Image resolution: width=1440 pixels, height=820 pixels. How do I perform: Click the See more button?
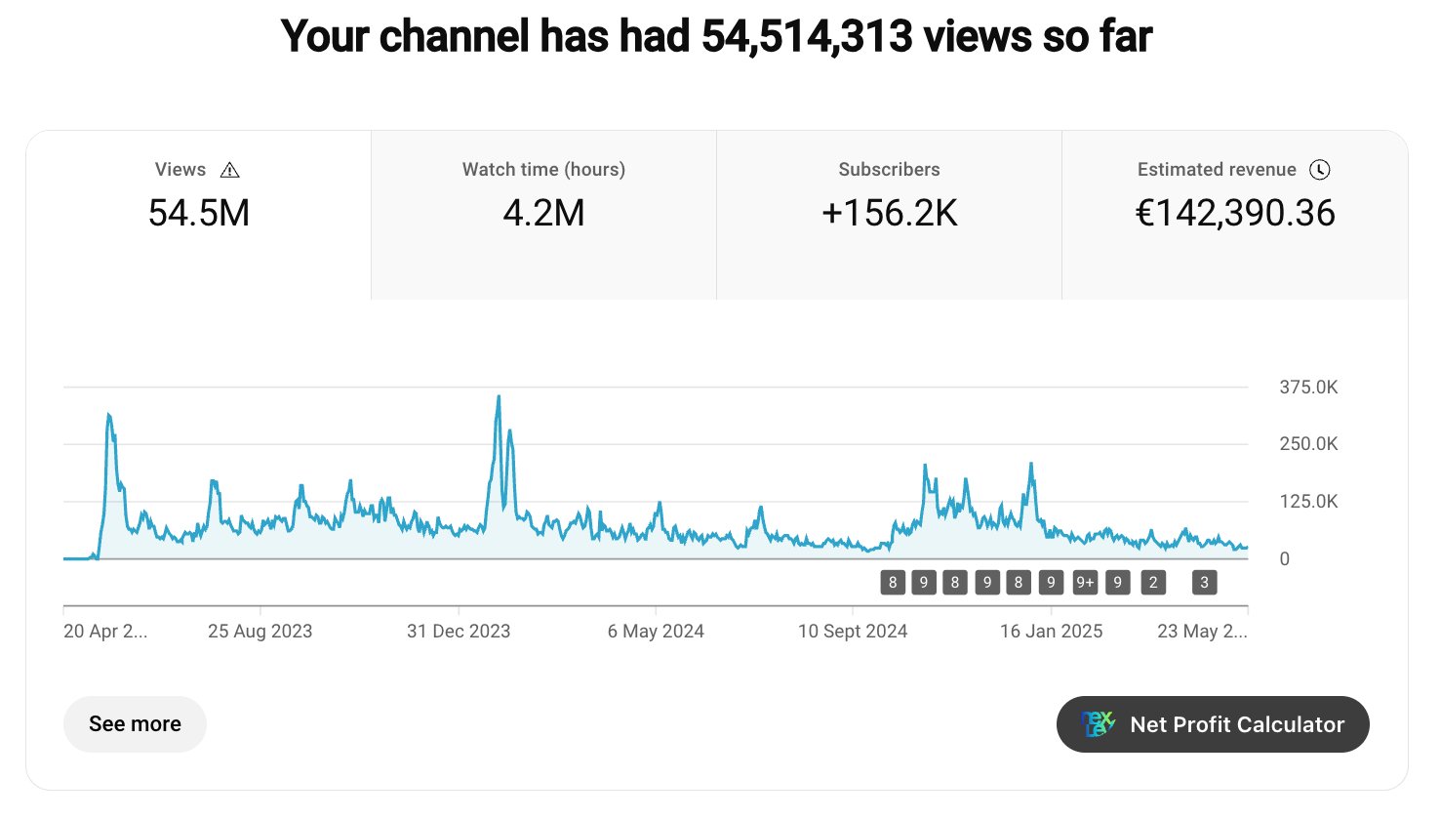pos(135,724)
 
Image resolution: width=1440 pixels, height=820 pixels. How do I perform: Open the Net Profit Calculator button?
pos(1213,724)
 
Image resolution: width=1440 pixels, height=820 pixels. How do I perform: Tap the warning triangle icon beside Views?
pos(230,170)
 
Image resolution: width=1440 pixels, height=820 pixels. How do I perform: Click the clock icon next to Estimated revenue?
pos(1319,170)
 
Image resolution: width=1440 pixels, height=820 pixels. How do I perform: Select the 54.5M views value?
pos(199,213)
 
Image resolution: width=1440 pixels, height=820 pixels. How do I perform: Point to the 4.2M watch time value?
pos(543,213)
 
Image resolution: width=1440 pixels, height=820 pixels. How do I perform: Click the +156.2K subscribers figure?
pos(889,213)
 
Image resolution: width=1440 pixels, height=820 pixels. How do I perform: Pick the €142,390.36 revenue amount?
pos(1235,213)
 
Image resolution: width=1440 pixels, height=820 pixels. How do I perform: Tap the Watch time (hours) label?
pos(543,170)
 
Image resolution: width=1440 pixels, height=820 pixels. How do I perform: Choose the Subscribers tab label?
pos(889,170)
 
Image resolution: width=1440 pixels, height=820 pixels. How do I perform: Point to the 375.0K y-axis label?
pos(1308,388)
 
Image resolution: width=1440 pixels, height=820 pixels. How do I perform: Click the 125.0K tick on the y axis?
pos(1308,502)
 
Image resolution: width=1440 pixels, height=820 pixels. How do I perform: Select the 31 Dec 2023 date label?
pos(459,632)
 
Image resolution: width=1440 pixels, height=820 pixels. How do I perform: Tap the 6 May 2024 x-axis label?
pos(656,632)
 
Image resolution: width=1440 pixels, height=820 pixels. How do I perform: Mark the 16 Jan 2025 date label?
pos(1051,632)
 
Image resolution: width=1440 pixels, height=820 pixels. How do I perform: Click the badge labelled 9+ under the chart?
pos(1085,583)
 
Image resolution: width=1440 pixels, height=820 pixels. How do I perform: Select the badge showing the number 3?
pos(1204,583)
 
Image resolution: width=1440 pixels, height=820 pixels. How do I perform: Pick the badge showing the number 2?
pos(1153,583)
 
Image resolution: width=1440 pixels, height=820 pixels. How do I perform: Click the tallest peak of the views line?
pos(499,396)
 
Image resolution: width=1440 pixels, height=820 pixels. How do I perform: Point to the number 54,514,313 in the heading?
pos(807,36)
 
